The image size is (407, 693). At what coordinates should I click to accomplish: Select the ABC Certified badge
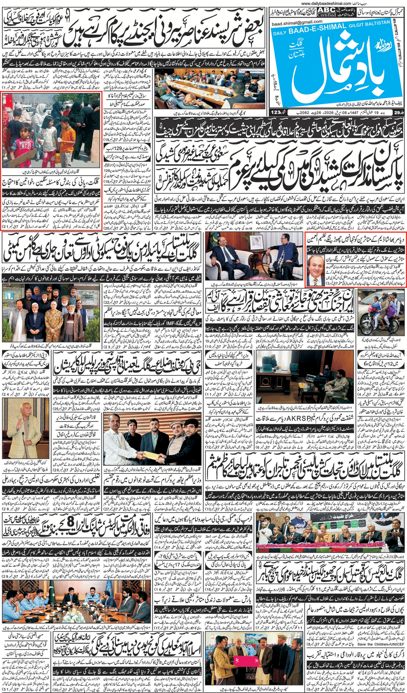pos(326,12)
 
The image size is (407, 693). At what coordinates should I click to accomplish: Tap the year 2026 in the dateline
pos(333,112)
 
